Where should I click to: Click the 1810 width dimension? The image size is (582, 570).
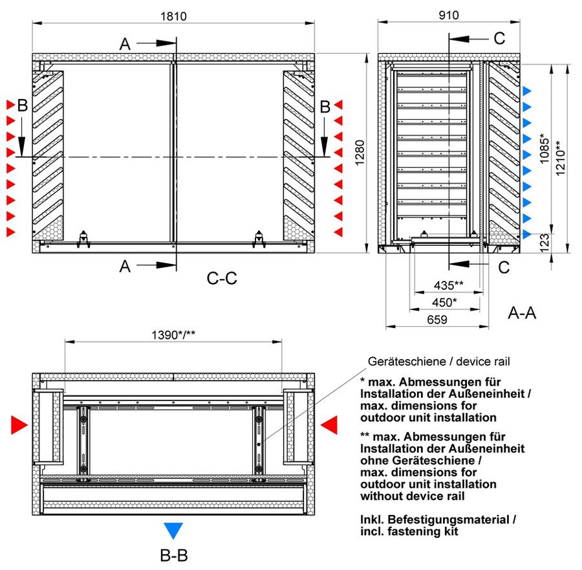click(173, 16)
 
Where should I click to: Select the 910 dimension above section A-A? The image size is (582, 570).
click(449, 16)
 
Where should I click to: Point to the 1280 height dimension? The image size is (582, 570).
click(360, 153)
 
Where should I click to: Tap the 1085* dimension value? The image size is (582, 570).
click(544, 148)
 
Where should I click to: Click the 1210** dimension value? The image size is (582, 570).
click(560, 158)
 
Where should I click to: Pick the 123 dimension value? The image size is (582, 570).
click(544, 243)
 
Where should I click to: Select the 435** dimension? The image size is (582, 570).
click(449, 285)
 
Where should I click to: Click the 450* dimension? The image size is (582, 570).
click(444, 302)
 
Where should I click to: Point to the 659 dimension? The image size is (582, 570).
click(437, 320)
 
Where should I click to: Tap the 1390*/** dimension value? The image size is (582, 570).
click(173, 335)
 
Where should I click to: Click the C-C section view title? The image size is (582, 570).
click(222, 278)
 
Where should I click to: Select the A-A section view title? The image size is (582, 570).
click(522, 312)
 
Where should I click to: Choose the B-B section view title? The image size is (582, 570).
click(174, 556)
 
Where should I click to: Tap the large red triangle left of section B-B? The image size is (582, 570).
click(19, 425)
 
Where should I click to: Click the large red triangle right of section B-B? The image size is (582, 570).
click(329, 425)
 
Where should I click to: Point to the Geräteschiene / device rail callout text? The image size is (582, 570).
click(438, 361)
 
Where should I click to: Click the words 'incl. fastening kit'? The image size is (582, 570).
click(409, 531)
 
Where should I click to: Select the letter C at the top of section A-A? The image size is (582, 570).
click(499, 38)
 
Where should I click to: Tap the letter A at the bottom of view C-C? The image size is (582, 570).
click(125, 267)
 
